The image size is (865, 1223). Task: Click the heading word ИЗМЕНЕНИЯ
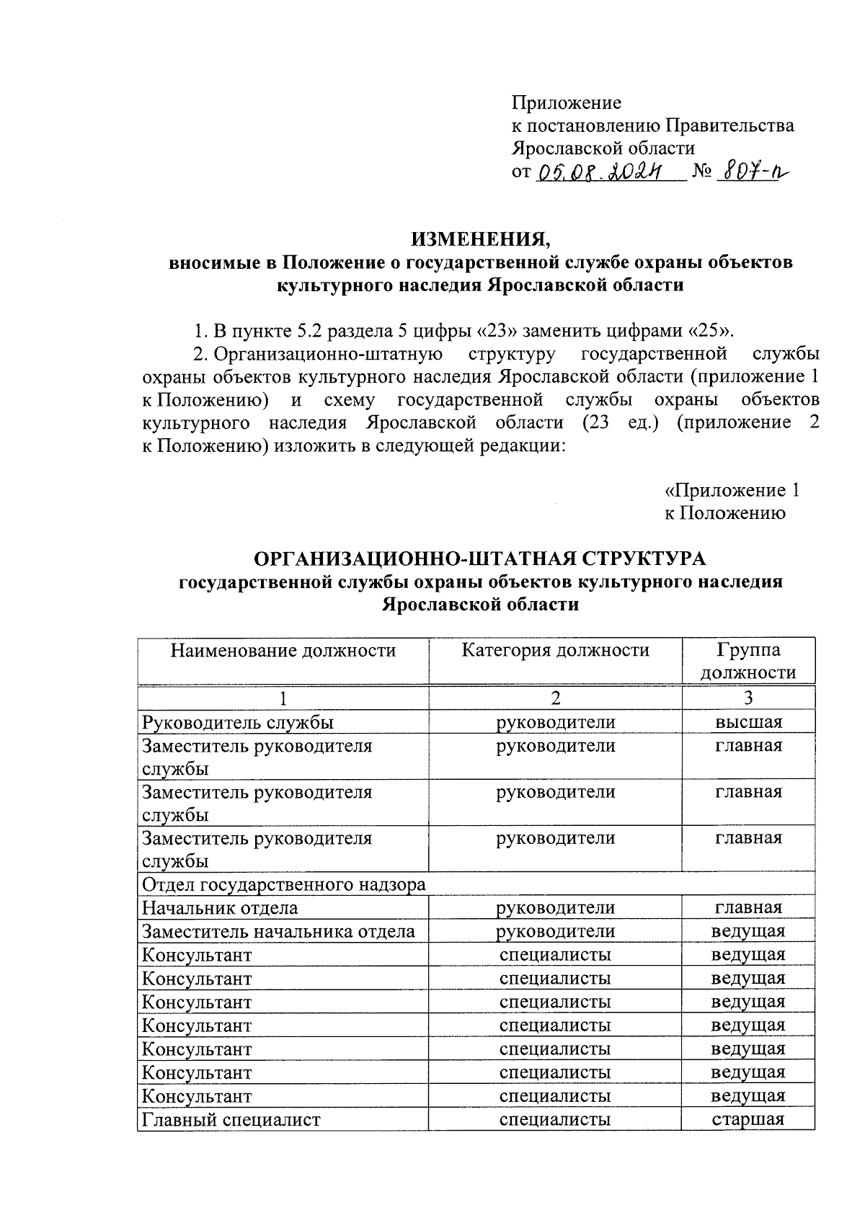(x=480, y=239)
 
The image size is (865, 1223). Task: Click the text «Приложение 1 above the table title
(x=731, y=491)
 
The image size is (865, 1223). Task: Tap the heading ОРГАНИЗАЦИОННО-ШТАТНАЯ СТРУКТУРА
(x=480, y=559)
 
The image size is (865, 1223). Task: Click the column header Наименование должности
(x=283, y=651)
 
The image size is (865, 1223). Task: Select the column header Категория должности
(x=555, y=651)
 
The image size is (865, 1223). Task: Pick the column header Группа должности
(x=748, y=662)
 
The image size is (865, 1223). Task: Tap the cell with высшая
(x=748, y=722)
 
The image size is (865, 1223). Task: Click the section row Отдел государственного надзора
(x=284, y=884)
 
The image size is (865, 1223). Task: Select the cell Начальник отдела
(x=220, y=908)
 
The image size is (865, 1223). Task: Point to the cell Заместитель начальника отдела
(x=278, y=931)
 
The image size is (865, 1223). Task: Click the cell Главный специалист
(x=231, y=1119)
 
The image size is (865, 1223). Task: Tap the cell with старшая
(x=748, y=1119)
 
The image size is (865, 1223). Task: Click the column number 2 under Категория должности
(x=555, y=698)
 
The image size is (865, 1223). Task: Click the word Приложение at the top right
(x=566, y=103)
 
